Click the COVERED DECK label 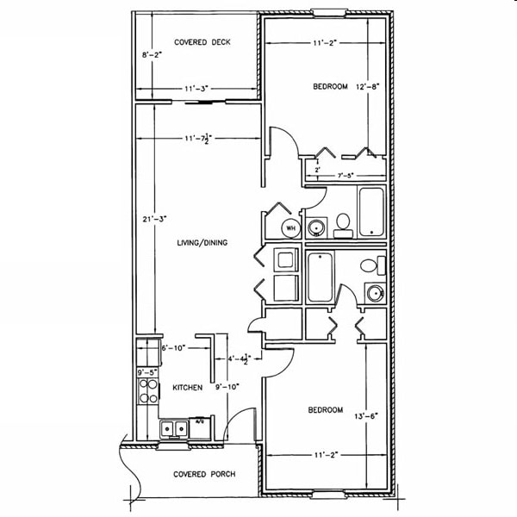(x=202, y=42)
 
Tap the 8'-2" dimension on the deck (x=152, y=55)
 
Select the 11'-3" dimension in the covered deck (x=196, y=88)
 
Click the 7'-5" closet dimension (x=347, y=176)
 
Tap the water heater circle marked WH (x=290, y=227)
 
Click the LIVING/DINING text (x=202, y=243)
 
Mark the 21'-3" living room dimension (x=152, y=220)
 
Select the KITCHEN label (x=188, y=388)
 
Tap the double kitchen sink (x=175, y=427)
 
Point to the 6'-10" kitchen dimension (x=173, y=348)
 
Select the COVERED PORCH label (x=204, y=474)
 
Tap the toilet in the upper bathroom (x=342, y=224)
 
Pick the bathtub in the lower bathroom (x=320, y=277)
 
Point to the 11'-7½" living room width (x=198, y=138)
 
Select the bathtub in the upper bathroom (x=371, y=211)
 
